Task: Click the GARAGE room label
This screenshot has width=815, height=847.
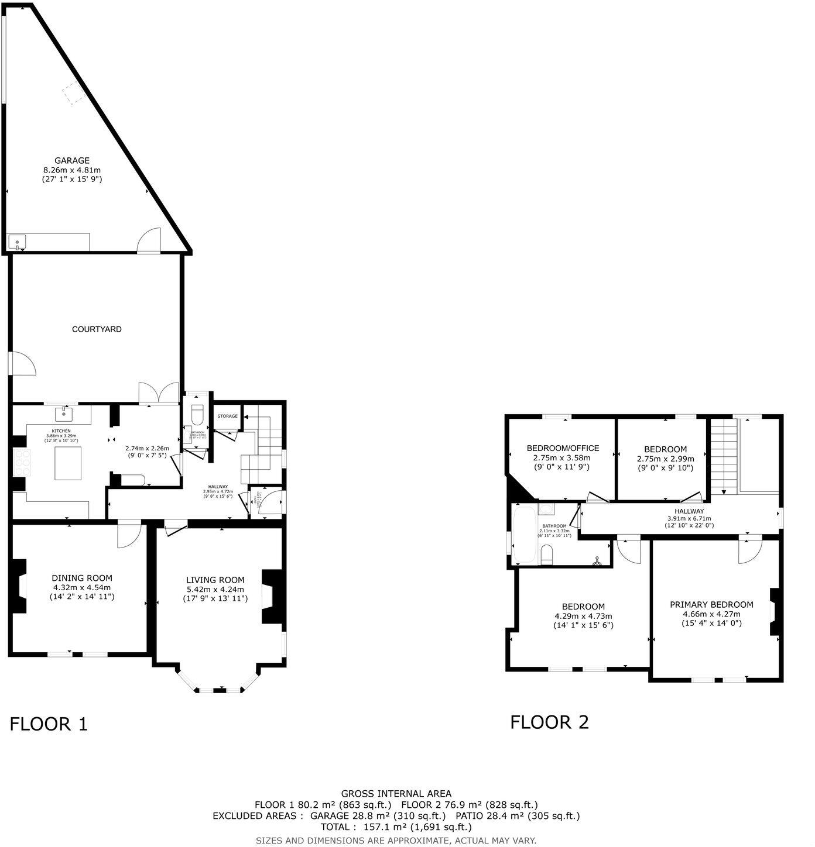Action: coord(72,160)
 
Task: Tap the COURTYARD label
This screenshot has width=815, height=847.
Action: coord(97,329)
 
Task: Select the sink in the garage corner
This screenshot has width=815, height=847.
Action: coord(17,242)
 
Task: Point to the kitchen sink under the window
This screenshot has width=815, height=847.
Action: coord(64,415)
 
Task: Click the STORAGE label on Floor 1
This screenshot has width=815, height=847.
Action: coord(228,416)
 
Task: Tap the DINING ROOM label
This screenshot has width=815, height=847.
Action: coord(82,578)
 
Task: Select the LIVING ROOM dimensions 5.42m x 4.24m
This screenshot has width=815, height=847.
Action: coord(215,589)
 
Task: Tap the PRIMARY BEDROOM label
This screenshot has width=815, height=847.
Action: coord(711,604)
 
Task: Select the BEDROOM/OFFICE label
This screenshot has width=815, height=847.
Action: coord(563,448)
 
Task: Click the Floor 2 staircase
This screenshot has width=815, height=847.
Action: coord(724,456)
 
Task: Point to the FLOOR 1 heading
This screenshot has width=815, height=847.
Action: coord(49,724)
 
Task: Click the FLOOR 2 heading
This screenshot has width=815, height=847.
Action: coord(549,722)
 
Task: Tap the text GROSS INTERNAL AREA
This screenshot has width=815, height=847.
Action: coord(396,794)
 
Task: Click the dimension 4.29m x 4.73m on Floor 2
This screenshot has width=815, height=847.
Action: coord(583,616)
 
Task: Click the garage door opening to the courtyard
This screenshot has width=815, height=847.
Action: coord(149,241)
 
